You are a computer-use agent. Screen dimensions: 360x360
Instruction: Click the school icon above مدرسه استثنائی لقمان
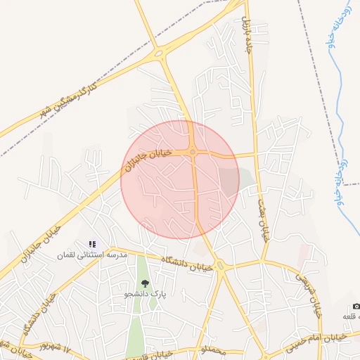point(92,244)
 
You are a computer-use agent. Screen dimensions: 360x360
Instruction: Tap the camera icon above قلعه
point(356,307)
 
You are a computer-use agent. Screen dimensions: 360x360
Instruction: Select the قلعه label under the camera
point(352,318)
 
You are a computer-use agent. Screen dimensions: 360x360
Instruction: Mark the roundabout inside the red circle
point(192,152)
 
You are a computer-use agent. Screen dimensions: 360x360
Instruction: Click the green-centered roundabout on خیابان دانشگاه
point(220,265)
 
